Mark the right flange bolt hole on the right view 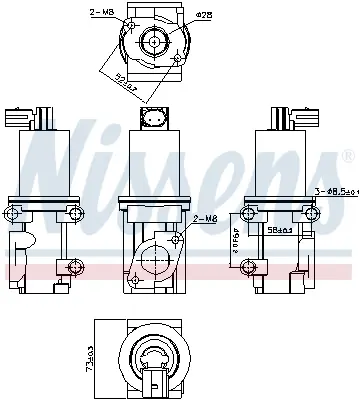316,216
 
